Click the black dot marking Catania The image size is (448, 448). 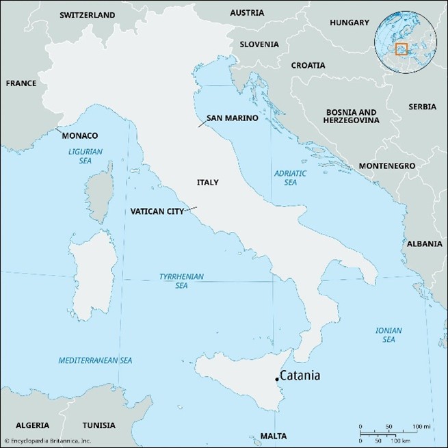point(276,379)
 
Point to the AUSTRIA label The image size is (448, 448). point(247,12)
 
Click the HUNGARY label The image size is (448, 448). point(349,23)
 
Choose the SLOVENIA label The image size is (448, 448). point(259,44)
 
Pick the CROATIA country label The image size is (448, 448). point(313,66)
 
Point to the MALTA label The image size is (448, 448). point(274,435)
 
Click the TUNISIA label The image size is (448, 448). point(101,424)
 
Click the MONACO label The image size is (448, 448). point(80,136)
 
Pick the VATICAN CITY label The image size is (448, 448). point(157,211)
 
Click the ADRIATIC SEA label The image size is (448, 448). point(291,179)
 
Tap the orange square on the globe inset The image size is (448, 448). point(401,49)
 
